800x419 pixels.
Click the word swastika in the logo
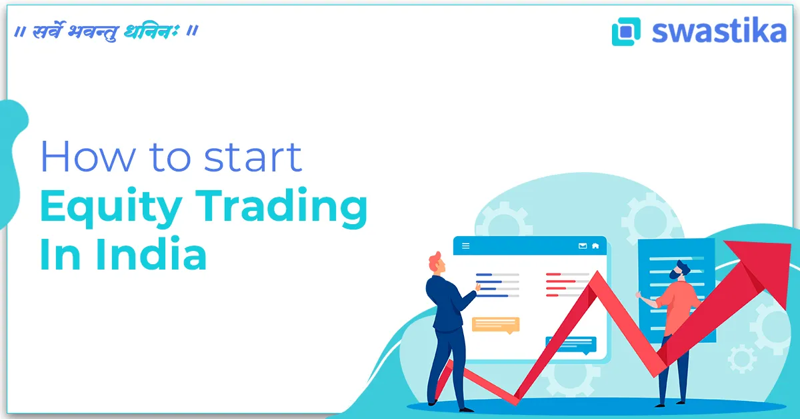click(719, 31)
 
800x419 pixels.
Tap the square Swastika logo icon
click(625, 31)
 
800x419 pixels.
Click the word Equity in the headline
click(109, 208)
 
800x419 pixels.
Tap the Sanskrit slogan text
click(107, 31)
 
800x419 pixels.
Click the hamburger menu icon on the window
click(465, 246)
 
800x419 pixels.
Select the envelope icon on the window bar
click(583, 246)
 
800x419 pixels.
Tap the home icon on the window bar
click(595, 246)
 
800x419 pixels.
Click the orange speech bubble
click(495, 325)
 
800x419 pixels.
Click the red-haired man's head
click(435, 262)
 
